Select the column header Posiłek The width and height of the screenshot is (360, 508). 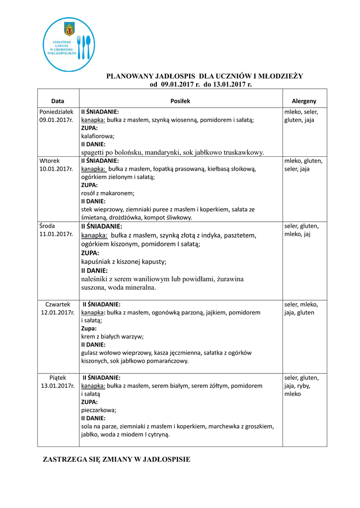click(x=180, y=101)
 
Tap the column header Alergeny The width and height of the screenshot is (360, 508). click(x=304, y=101)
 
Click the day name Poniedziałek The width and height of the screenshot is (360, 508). click(x=56, y=112)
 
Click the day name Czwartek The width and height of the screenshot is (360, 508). click(x=58, y=304)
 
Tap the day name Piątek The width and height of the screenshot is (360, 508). click(x=58, y=378)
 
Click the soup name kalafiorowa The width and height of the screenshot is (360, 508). click(x=98, y=136)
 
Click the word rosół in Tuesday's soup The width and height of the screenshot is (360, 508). click(x=89, y=193)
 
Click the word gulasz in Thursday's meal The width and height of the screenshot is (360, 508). click(x=90, y=353)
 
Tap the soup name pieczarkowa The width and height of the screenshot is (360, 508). click(x=99, y=410)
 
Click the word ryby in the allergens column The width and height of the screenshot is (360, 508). click(x=303, y=385)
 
